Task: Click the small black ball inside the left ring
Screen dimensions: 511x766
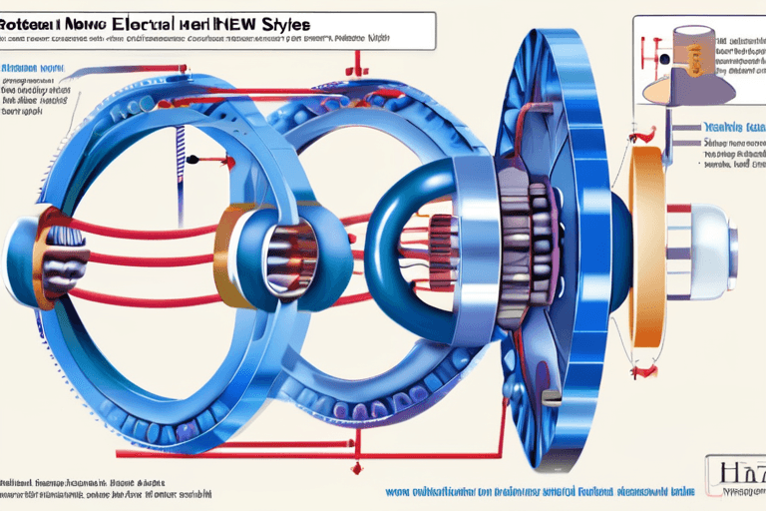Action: [191, 158]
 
